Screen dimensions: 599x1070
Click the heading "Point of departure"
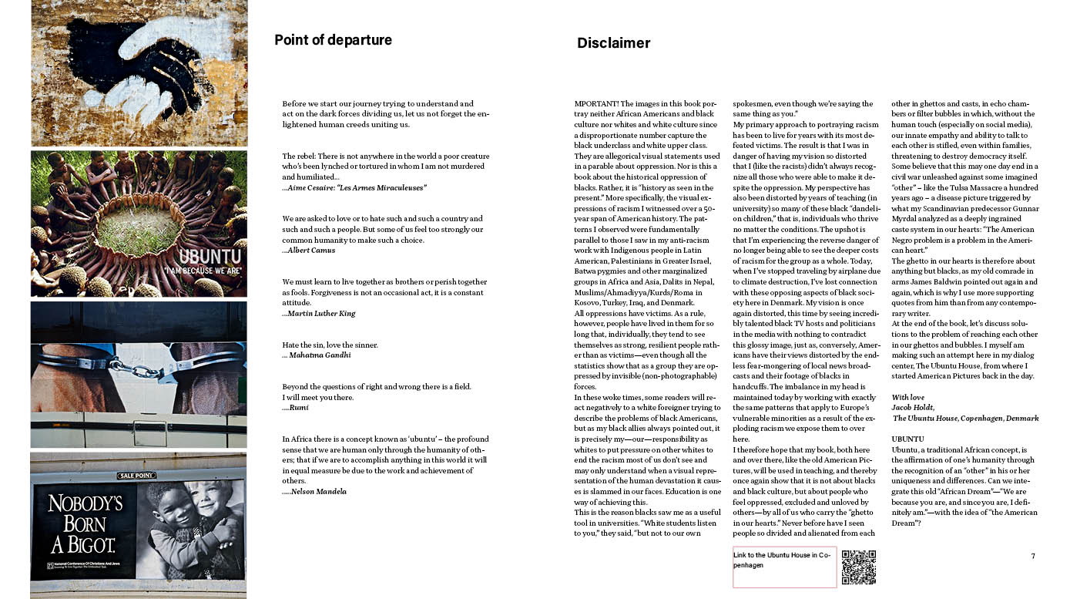333,40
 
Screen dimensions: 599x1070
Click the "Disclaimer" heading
613,43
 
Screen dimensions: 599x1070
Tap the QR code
858,567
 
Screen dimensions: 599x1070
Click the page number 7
1033,556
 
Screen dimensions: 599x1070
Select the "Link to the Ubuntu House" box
784,567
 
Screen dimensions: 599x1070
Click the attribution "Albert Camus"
311,251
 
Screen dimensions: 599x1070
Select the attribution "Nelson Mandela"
317,492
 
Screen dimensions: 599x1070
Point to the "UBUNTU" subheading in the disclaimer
907,439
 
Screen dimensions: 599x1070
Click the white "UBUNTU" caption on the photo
210,257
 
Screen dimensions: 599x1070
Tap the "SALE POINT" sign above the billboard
136,476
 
